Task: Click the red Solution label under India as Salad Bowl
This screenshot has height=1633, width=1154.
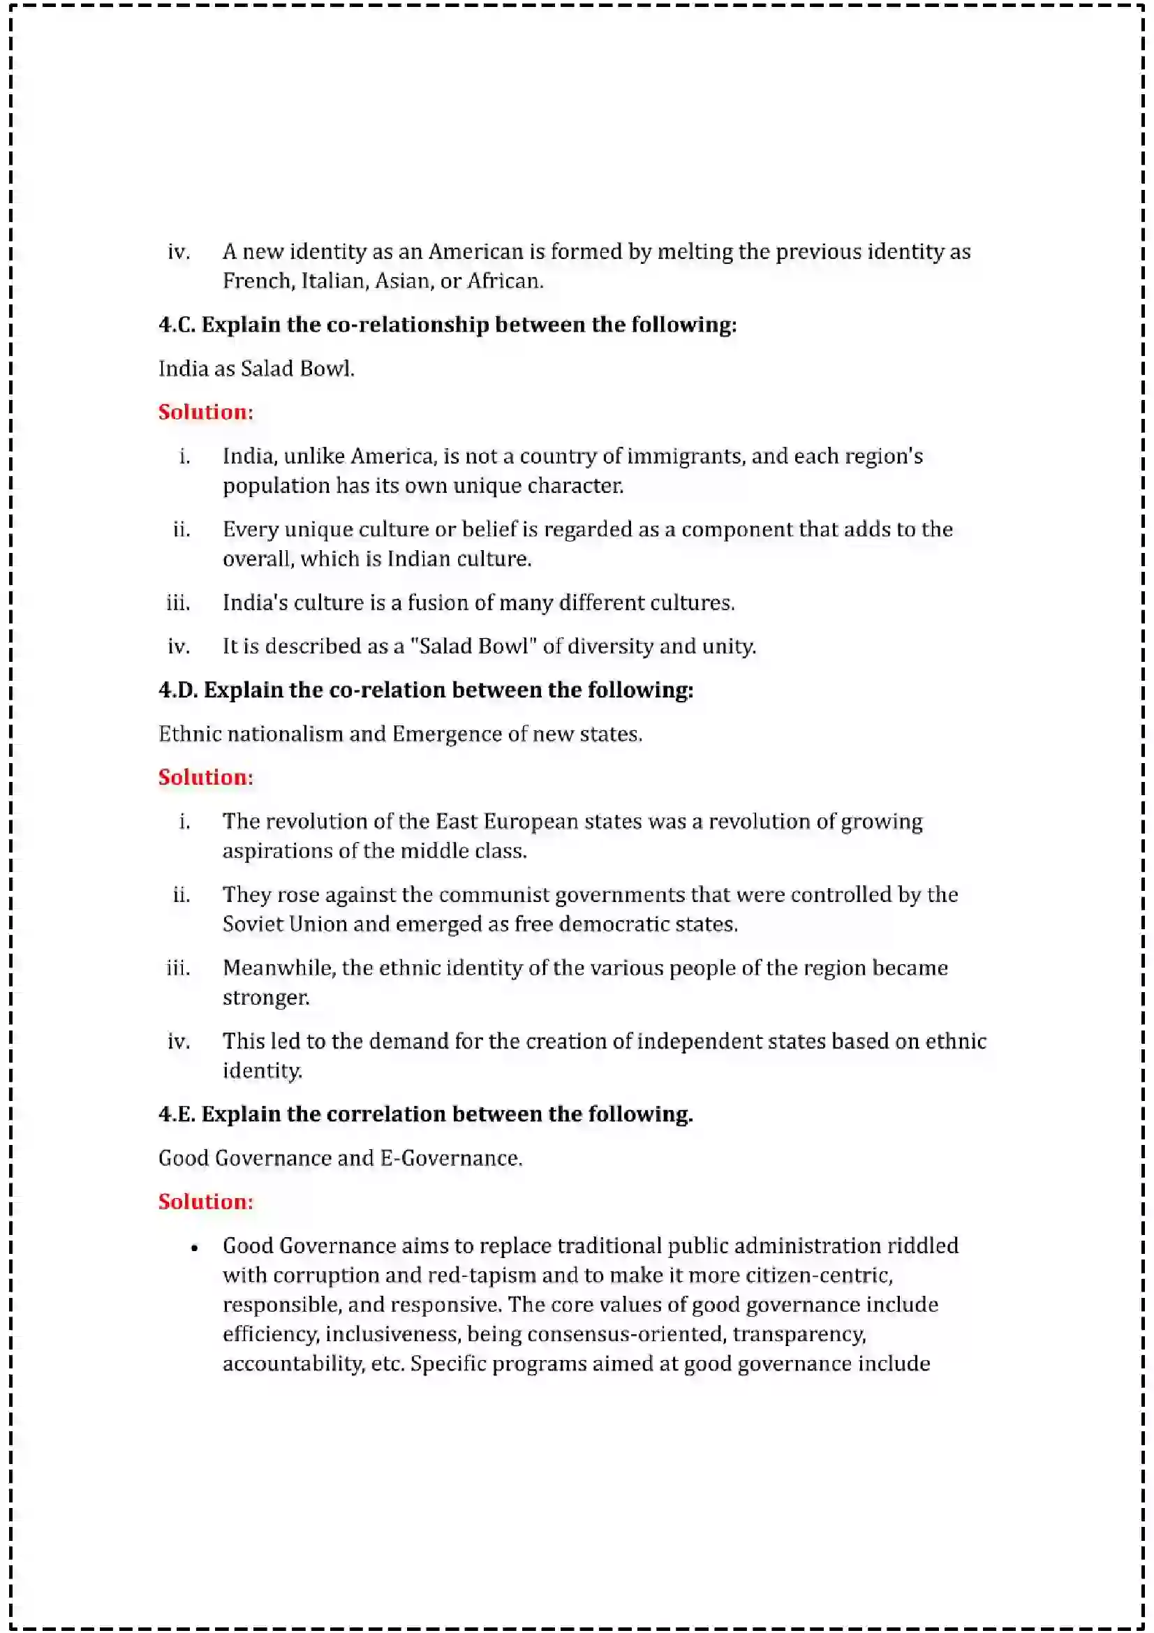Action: [205, 413]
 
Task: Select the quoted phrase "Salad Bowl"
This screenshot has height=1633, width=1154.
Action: [473, 646]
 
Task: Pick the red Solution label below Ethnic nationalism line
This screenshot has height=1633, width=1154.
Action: [205, 777]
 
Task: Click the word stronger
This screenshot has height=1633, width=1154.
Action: [266, 998]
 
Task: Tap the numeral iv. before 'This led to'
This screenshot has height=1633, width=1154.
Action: [179, 1042]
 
